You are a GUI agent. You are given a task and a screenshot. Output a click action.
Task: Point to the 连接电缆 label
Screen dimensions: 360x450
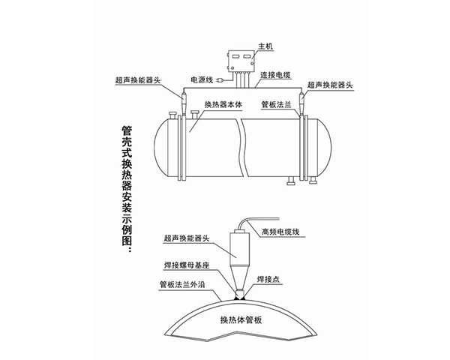click(277, 76)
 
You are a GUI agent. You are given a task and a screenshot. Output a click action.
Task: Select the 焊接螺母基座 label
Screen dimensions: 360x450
click(184, 265)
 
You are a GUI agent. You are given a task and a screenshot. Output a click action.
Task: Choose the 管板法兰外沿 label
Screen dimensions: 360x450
click(183, 284)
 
